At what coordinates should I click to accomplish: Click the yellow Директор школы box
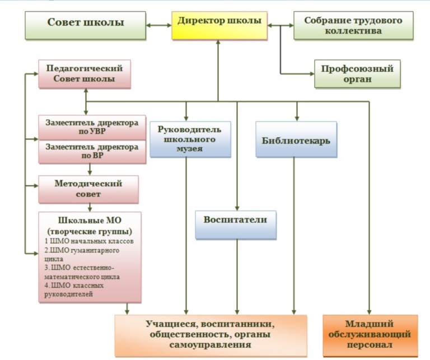pyautogui.click(x=219, y=26)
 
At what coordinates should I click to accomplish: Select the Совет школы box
pyautogui.click(x=85, y=26)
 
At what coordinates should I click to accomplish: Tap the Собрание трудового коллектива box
pyautogui.click(x=353, y=26)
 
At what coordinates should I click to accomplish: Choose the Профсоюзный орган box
pyautogui.click(x=357, y=74)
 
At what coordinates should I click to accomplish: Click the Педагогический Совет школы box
pyautogui.click(x=85, y=74)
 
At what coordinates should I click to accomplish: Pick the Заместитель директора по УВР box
pyautogui.click(x=92, y=128)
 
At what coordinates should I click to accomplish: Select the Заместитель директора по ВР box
pyautogui.click(x=92, y=152)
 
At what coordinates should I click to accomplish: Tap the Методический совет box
pyautogui.click(x=88, y=189)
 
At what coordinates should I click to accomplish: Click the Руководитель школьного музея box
pyautogui.click(x=190, y=139)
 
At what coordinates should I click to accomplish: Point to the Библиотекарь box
pyautogui.click(x=296, y=139)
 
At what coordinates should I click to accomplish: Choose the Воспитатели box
pyautogui.click(x=236, y=225)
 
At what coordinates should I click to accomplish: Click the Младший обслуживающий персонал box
pyautogui.click(x=370, y=335)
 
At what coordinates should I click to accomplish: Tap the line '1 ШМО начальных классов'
pyautogui.click(x=89, y=241)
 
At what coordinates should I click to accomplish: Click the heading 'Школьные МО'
pyautogui.click(x=90, y=221)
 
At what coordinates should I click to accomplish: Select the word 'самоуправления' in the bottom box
pyautogui.click(x=210, y=345)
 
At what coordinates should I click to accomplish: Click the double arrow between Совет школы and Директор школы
pyautogui.click(x=159, y=26)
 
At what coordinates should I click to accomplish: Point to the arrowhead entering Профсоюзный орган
pyautogui.click(x=312, y=74)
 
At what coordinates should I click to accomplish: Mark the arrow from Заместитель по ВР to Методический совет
pyautogui.click(x=90, y=170)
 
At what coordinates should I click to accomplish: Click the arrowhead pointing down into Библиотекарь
pyautogui.click(x=296, y=119)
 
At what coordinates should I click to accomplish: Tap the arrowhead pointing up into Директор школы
pyautogui.click(x=218, y=43)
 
